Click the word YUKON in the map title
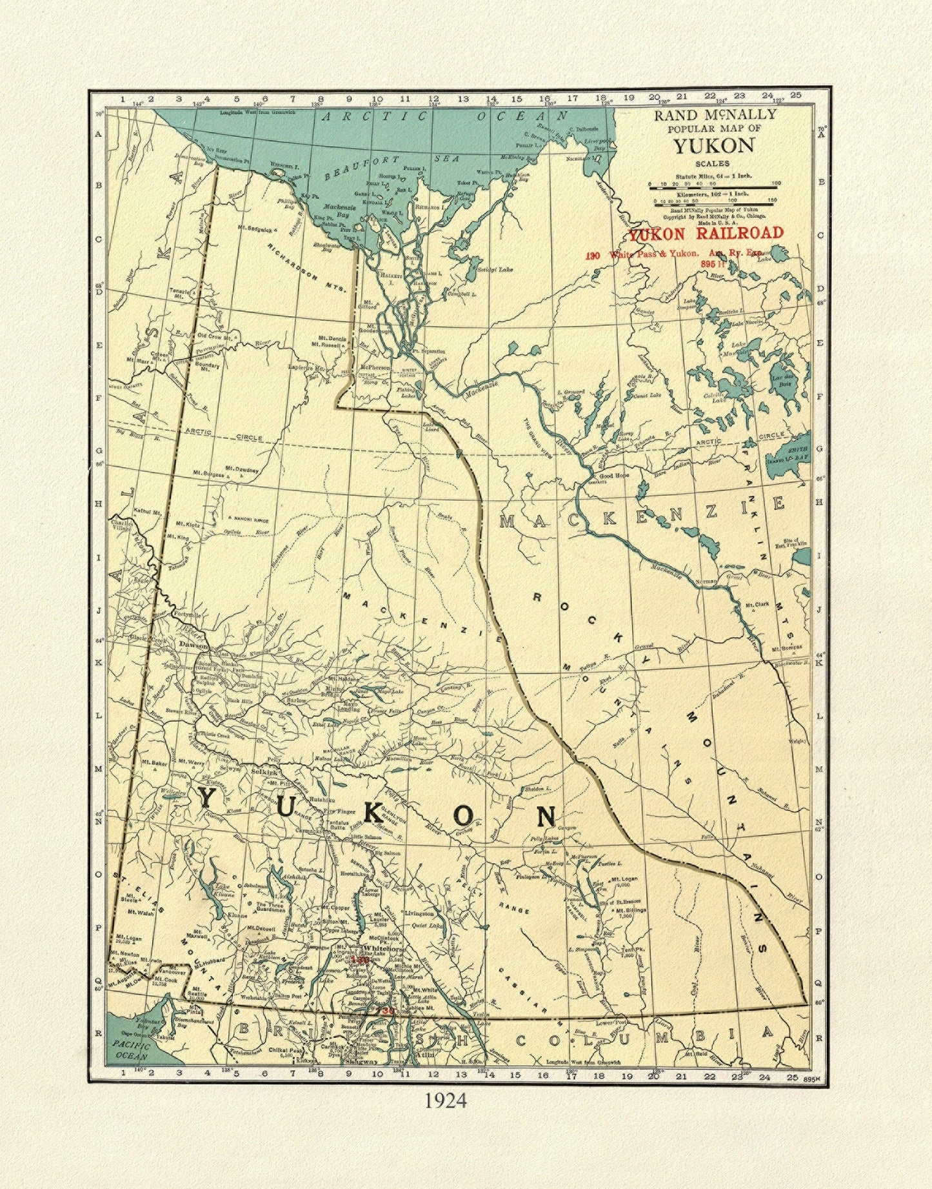pos(714,146)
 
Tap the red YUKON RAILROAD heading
pos(706,233)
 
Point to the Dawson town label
pos(193,645)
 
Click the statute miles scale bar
pos(714,188)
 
